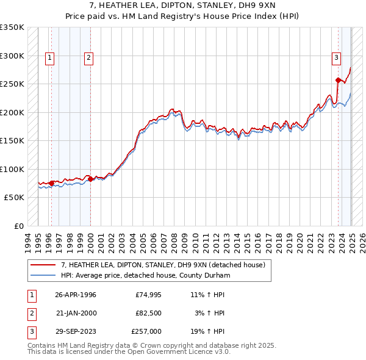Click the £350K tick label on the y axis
point(12,27)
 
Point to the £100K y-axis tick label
point(12,169)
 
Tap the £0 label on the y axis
point(19,226)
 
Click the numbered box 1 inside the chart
point(49,58)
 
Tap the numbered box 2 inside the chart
point(88,58)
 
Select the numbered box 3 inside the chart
point(336,58)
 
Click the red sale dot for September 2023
point(338,80)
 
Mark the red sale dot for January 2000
point(90,179)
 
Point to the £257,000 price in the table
point(146,331)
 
